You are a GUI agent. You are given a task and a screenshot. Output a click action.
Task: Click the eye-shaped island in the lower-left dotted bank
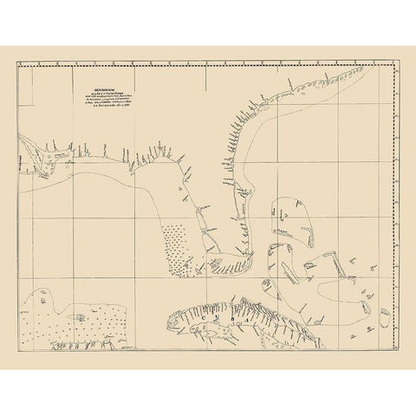pyautogui.click(x=79, y=317)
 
